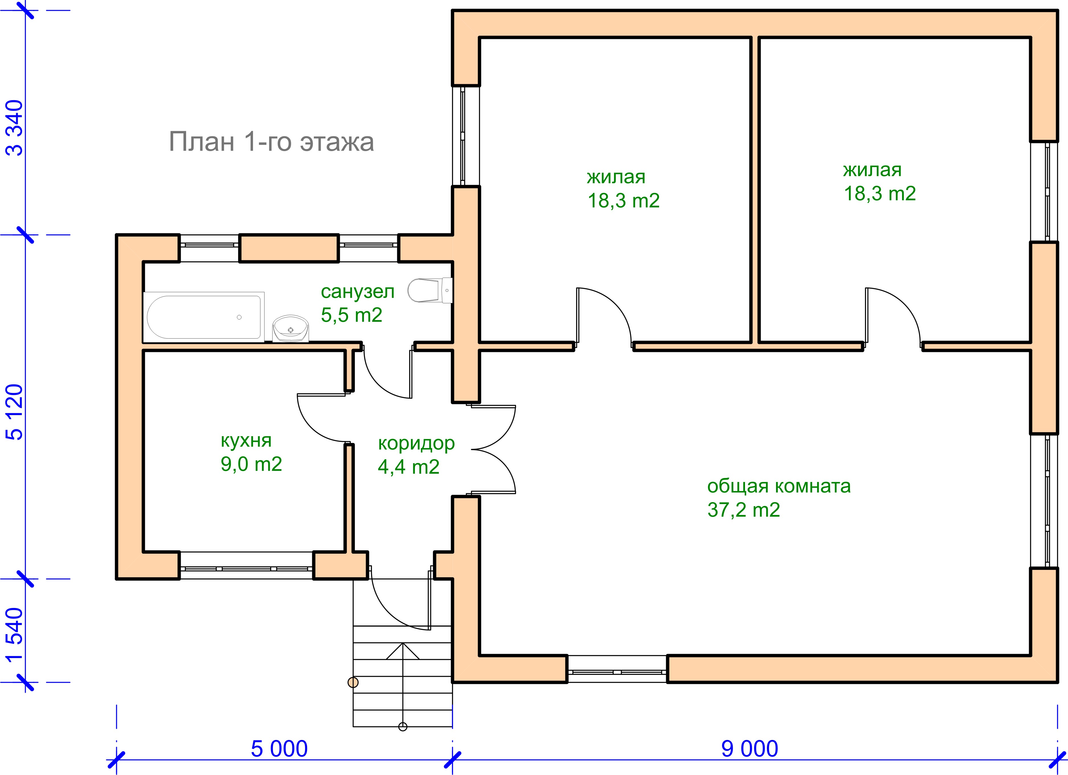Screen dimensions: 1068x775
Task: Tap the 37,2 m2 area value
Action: [x=744, y=510]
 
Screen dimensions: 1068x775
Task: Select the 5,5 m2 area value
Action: [x=351, y=315]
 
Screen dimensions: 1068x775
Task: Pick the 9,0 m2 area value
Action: [x=251, y=464]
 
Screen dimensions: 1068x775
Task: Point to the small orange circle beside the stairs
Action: [x=353, y=682]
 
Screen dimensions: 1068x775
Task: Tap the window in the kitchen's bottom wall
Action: [x=246, y=569]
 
